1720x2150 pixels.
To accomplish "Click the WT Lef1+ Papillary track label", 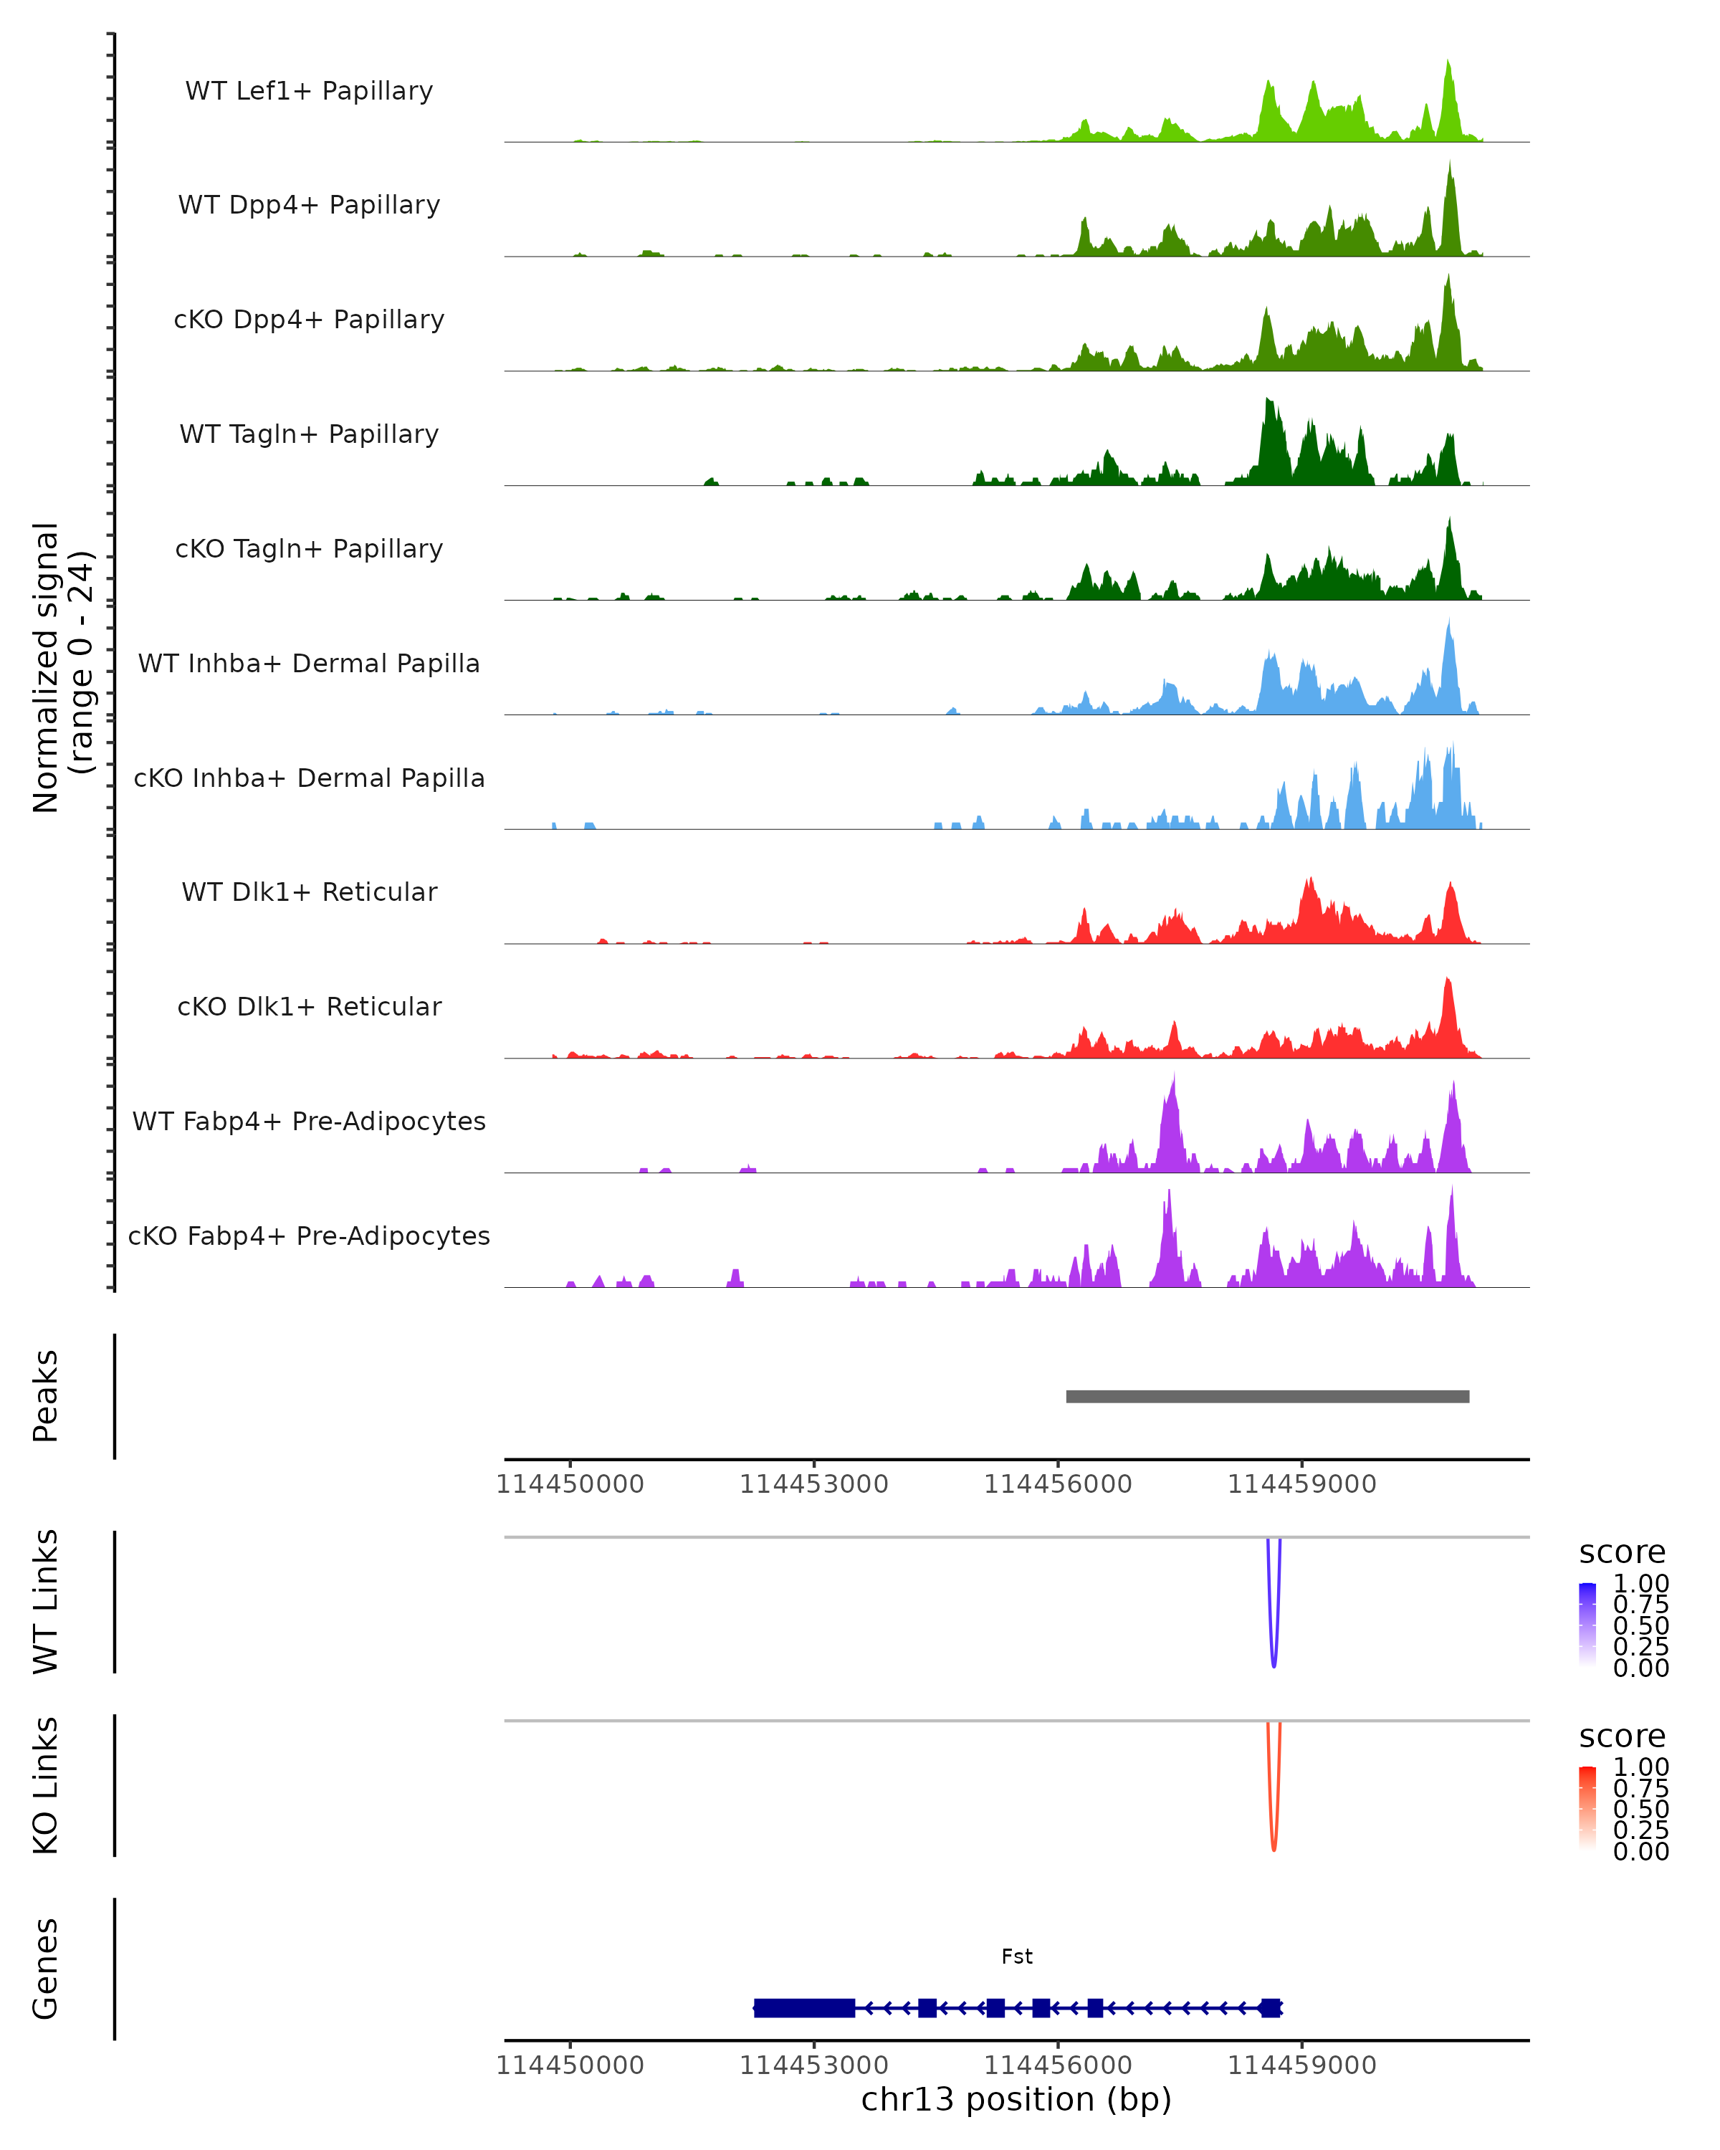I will tap(309, 91).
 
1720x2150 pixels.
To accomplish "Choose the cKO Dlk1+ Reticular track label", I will tap(309, 1006).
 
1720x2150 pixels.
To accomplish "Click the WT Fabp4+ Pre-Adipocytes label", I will tap(309, 1121).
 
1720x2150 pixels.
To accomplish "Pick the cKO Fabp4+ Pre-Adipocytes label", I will tap(309, 1236).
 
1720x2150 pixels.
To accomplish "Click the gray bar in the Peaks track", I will tap(1266, 1396).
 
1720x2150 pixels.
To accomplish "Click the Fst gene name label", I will tap(1016, 1956).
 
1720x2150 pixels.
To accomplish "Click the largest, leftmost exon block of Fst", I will tap(803, 2007).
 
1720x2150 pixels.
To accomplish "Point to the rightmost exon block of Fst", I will tap(1269, 2007).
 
